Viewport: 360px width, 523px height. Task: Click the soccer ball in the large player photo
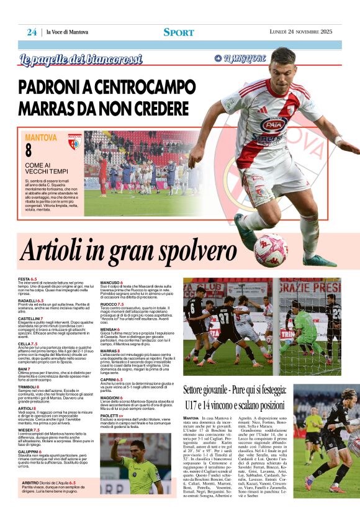point(270,250)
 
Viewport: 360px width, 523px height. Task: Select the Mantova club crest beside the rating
point(74,142)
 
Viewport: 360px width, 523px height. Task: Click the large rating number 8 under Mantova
point(29,150)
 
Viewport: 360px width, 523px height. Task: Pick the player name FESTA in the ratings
point(24,280)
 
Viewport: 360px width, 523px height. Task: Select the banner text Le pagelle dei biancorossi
point(81,60)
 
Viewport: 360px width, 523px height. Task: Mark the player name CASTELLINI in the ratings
point(30,318)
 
